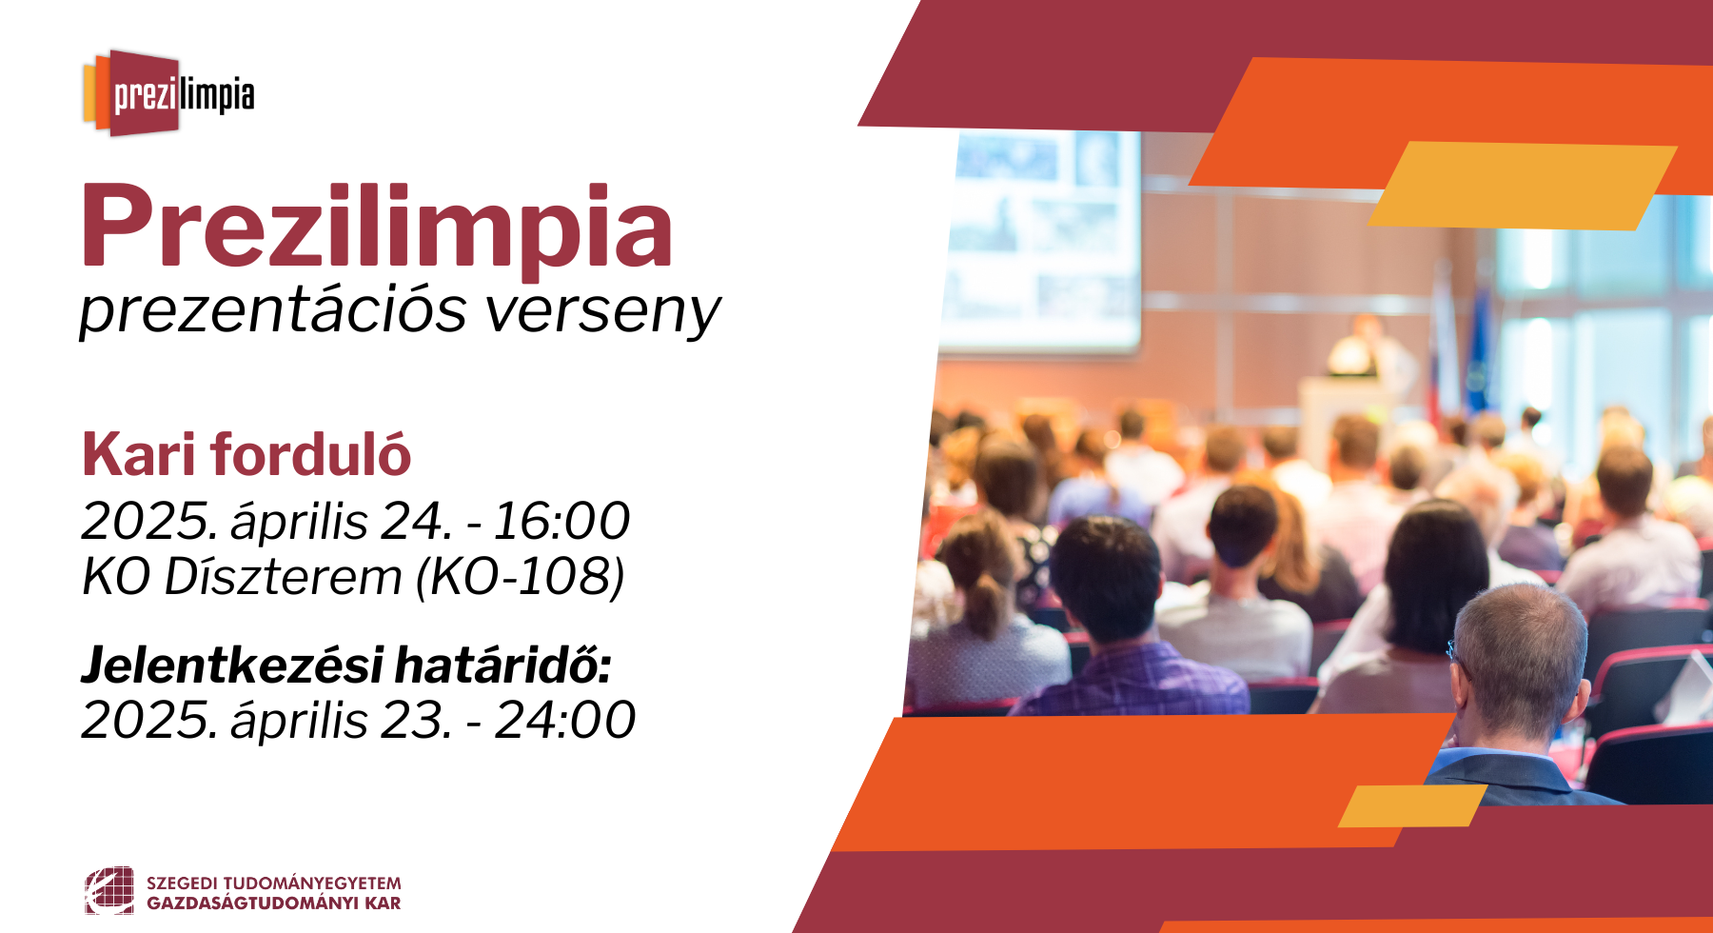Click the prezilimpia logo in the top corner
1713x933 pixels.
(x=168, y=93)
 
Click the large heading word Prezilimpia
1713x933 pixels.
(x=377, y=227)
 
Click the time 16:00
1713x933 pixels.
(x=561, y=521)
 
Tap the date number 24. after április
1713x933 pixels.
(x=417, y=521)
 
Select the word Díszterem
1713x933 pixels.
(x=283, y=576)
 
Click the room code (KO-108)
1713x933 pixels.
(x=521, y=577)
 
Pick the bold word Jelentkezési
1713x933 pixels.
(x=233, y=665)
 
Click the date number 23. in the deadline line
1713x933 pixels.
(x=417, y=720)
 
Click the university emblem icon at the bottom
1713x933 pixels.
(x=109, y=891)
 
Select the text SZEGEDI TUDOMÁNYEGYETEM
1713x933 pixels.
(x=274, y=883)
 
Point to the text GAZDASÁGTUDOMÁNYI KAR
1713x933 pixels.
(x=274, y=903)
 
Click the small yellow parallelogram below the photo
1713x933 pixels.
(x=1412, y=806)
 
